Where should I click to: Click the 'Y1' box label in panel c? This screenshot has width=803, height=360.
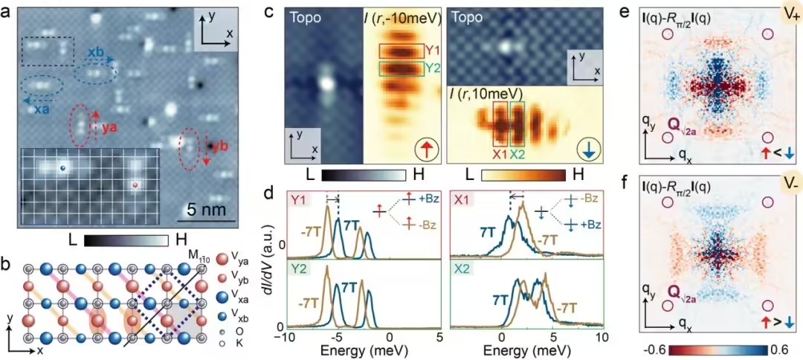[430, 50]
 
